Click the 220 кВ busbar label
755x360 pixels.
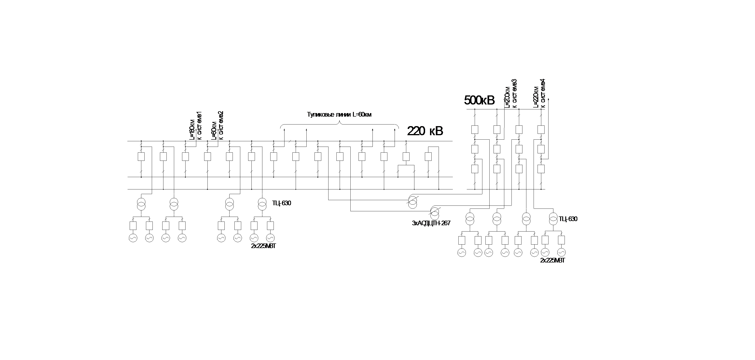[425, 131]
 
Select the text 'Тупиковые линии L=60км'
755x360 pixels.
[339, 114]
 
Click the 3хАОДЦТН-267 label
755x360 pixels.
[431, 223]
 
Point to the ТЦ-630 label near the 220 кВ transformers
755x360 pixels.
[282, 203]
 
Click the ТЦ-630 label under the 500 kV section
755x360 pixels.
[568, 219]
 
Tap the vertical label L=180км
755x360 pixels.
[192, 129]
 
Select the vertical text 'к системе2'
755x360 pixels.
[221, 125]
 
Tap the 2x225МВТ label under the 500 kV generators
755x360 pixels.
[552, 260]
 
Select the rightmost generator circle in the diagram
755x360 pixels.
[561, 252]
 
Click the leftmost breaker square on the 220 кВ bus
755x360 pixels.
[141, 157]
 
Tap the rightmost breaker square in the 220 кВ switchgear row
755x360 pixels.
[428, 157]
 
